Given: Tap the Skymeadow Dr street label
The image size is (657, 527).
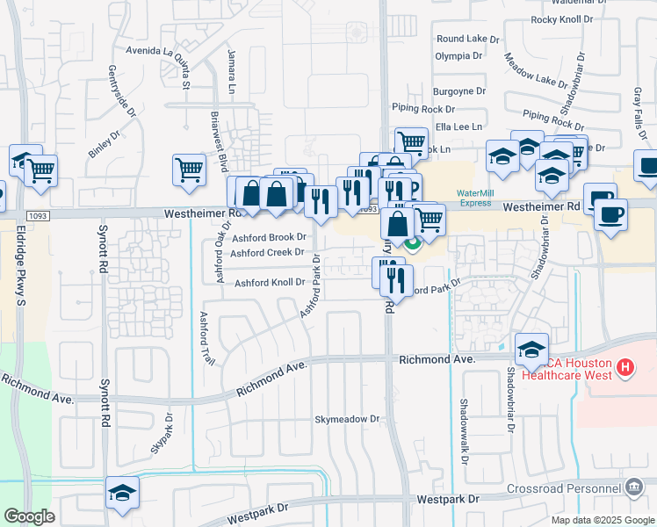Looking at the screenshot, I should coord(347,420).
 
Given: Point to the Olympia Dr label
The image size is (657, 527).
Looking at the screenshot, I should coord(458,55).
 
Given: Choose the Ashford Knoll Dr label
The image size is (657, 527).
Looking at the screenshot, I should coord(269,283).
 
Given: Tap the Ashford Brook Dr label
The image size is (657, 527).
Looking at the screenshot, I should coord(269,238).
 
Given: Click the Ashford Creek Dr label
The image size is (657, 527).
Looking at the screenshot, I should coord(267,253).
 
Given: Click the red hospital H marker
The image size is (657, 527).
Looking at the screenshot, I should coord(625,366).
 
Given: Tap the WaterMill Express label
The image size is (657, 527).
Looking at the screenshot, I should coord(474,198).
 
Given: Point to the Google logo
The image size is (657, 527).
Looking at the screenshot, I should coord(29,516).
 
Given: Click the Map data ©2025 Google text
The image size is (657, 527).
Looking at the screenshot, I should coord(602,519).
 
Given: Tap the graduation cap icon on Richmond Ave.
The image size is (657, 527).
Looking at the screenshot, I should coord(531,350).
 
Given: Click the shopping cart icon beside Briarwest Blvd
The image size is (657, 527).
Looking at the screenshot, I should coord(189,170).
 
